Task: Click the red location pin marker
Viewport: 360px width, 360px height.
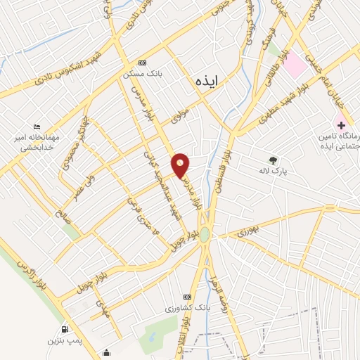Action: pos(181,165)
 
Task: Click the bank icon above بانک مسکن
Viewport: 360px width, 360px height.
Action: pos(143,63)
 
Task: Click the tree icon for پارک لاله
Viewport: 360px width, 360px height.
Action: pos(273,159)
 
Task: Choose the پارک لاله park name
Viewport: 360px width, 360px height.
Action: pos(274,170)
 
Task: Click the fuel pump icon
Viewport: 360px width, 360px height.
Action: pos(65,330)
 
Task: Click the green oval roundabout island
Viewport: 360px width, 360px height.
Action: pos(204,234)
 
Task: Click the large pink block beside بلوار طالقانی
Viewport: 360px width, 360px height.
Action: pos(295,65)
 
